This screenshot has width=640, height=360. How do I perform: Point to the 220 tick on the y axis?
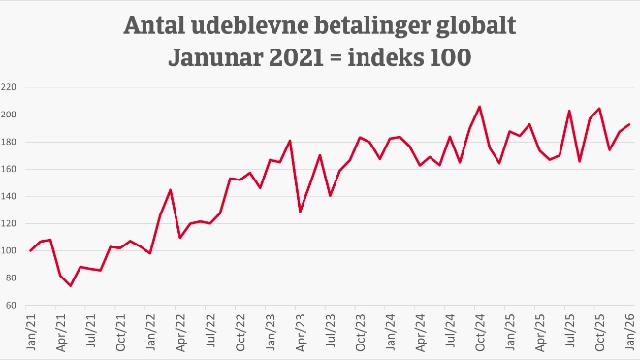[10, 87]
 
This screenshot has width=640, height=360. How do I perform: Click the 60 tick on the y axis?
[13, 305]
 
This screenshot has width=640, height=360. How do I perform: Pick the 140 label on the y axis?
[10, 196]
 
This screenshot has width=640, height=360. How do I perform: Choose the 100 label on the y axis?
[10, 250]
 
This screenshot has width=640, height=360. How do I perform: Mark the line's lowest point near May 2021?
[71, 285]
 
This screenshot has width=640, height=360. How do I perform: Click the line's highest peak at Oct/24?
[480, 107]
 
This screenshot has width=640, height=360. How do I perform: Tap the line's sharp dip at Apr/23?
[300, 211]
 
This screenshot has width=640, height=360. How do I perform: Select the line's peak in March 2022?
[171, 190]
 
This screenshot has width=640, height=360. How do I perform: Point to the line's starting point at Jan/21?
[31, 250]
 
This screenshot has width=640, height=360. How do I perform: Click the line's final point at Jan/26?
[630, 124]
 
